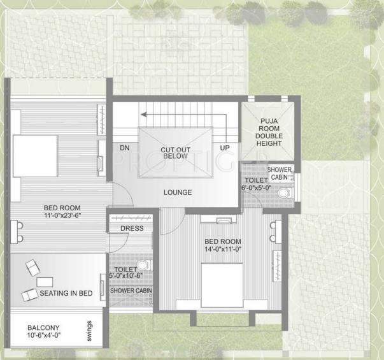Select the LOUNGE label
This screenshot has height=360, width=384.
coord(178,192)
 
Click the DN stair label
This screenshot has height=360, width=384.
coord(125,148)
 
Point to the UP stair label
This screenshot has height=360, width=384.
coord(225,148)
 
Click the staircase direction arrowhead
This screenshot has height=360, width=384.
coord(145,115)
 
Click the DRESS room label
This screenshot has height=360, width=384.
coord(132,228)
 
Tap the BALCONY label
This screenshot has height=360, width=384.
coord(43,328)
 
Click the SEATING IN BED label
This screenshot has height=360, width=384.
coord(66,294)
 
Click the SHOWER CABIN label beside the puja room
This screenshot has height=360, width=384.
coord(280,174)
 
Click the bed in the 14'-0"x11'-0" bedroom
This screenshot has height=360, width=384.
coord(222,284)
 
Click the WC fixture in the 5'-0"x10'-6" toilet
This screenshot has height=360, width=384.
coord(144,264)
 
